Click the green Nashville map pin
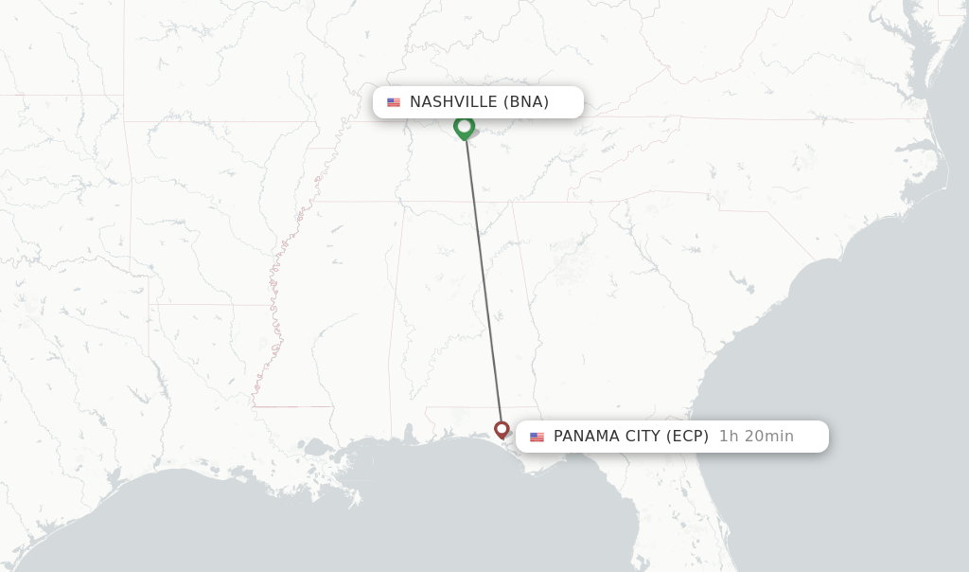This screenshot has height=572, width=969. click(x=464, y=126)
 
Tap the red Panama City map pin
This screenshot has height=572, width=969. click(x=502, y=430)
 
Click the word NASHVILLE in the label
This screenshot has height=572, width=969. click(x=453, y=102)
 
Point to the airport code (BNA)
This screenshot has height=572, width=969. click(x=526, y=102)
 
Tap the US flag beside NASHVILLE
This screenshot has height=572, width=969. click(x=394, y=102)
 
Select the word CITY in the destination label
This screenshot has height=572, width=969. click(x=643, y=437)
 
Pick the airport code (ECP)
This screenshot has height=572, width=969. click(x=687, y=437)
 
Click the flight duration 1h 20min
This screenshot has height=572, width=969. click(x=756, y=437)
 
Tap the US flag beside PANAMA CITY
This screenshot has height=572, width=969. click(x=537, y=437)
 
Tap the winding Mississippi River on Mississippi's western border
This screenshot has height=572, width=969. click(x=275, y=313)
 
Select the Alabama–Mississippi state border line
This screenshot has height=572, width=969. click(x=397, y=303)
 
